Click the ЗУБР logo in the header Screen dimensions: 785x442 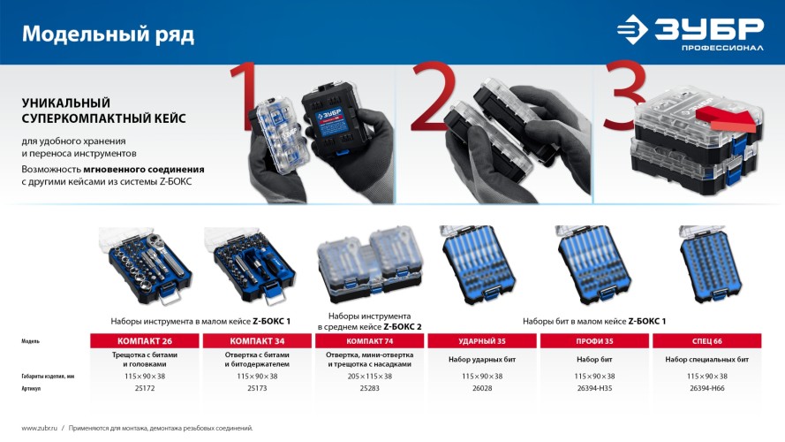(x=691, y=32)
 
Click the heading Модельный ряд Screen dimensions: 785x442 (x=108, y=34)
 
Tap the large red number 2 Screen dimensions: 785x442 (x=433, y=98)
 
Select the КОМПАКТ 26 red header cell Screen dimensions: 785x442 (x=145, y=340)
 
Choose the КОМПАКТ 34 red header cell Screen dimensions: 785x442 (x=257, y=340)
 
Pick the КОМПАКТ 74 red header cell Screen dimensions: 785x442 (x=369, y=340)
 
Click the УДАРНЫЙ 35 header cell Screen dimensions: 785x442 (x=482, y=340)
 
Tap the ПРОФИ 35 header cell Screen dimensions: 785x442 (x=594, y=340)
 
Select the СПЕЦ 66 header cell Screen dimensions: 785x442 (x=707, y=340)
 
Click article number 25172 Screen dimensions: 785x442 (x=145, y=388)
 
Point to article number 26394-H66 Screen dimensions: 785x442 (x=707, y=388)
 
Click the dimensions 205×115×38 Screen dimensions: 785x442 (x=369, y=376)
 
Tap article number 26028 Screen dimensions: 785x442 (x=482, y=388)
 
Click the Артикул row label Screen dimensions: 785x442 (x=31, y=388)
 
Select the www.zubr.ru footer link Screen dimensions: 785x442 (x=39, y=428)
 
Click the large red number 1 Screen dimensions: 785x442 (x=245, y=96)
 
